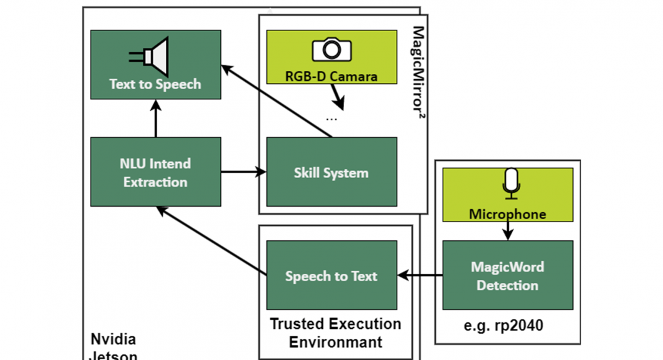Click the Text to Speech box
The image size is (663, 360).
[155, 65]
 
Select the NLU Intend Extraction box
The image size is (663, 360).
[155, 172]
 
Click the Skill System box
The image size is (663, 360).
[331, 172]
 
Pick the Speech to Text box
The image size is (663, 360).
[331, 276]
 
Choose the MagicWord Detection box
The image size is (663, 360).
[507, 276]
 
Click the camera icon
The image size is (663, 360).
[331, 49]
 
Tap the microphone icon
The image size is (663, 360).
[510, 184]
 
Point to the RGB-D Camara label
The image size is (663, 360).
[331, 76]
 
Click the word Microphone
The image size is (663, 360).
[507, 214]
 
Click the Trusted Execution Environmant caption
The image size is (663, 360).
[335, 333]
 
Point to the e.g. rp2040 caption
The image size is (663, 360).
[508, 325]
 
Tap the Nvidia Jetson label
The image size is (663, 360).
[114, 346]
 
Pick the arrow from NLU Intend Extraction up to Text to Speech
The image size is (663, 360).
[155, 119]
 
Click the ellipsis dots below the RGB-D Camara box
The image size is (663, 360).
[331, 119]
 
